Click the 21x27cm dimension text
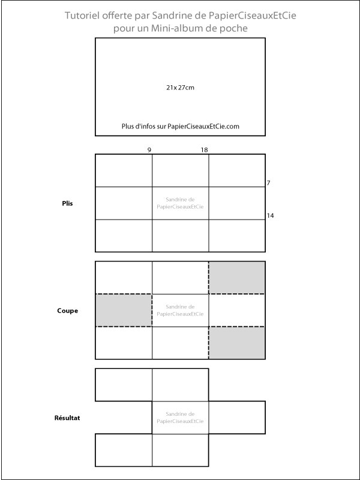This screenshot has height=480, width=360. [180, 88]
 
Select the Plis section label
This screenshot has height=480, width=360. [67, 203]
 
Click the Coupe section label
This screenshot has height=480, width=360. [67, 311]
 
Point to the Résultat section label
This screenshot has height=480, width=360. [67, 417]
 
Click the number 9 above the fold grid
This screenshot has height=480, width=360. [149, 149]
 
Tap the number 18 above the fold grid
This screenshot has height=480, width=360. [204, 149]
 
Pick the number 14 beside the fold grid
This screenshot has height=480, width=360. [271, 215]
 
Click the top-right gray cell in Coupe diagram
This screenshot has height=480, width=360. [237, 278]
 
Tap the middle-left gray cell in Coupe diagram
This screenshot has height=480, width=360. [124, 310]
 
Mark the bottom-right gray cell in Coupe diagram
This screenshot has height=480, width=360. [237, 343]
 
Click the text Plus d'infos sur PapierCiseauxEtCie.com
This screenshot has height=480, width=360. [180, 127]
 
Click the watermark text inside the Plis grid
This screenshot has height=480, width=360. [180, 203]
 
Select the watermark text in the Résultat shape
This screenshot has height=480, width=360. [180, 418]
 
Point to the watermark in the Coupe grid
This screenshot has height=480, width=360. [180, 310]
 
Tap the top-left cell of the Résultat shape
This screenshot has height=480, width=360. [124, 385]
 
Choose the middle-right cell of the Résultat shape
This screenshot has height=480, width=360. [237, 417]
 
